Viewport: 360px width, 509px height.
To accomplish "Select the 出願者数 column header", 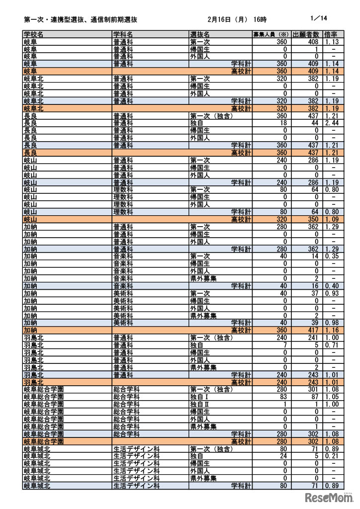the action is tap(306, 34).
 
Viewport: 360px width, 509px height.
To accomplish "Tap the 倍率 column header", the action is tap(331, 34).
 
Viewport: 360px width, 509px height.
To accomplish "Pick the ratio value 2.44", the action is tap(332, 122).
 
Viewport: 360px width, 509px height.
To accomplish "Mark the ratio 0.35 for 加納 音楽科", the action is tap(332, 256).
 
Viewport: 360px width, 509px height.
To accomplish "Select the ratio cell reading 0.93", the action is tap(332, 293).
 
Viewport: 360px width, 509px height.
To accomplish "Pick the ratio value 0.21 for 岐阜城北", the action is tap(332, 456).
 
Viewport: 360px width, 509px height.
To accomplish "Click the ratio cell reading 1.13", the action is tap(332, 42).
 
